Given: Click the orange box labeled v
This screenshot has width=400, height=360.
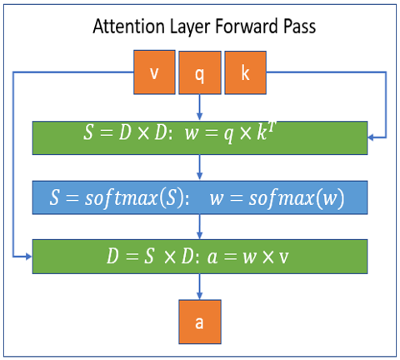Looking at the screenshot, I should (x=154, y=72).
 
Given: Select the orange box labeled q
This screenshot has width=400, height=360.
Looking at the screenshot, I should (x=199, y=72).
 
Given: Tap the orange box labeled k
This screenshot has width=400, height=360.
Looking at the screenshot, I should (x=245, y=72).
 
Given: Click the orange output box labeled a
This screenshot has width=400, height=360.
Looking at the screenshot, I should (x=199, y=322).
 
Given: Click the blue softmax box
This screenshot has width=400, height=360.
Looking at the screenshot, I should (x=199, y=197).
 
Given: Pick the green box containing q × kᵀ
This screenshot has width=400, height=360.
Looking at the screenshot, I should (x=199, y=137).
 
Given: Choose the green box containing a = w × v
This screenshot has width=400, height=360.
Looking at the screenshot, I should (x=199, y=256).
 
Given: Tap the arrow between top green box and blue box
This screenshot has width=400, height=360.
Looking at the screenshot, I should (x=199, y=167).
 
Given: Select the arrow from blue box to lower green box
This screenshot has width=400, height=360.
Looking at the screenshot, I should (x=199, y=226).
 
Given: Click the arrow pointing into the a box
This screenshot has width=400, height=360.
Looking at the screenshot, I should (x=199, y=287).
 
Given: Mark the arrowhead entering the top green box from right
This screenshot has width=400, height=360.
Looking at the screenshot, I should (x=372, y=136).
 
